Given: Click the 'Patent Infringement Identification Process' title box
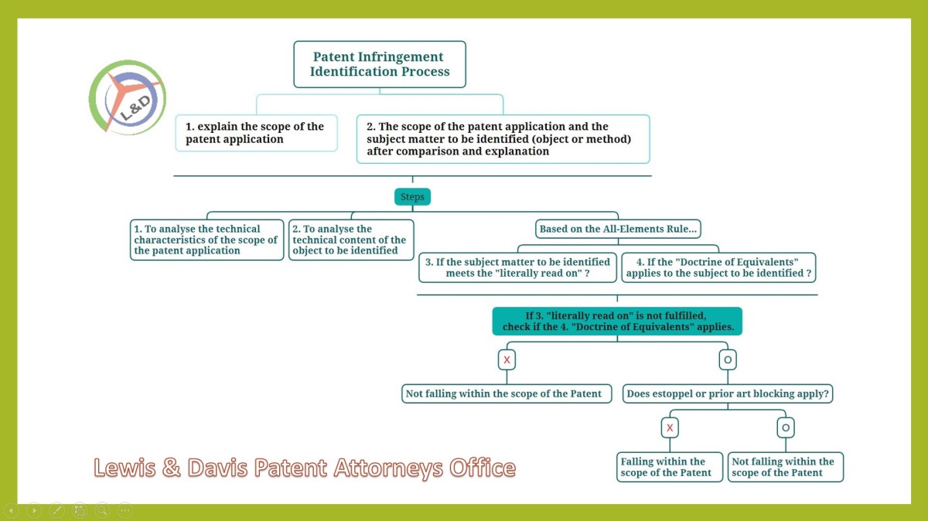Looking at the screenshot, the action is pos(380,64).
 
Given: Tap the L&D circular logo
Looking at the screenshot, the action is pos(127,97).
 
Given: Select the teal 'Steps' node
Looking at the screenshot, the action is pos(412,196).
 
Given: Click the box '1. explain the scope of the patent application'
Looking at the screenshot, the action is pos(257,133).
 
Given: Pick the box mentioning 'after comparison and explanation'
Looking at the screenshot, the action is pos(503,139).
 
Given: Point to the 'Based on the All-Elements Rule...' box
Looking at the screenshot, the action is pos(618,229).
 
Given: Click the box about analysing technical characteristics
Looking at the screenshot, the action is pos(206,240).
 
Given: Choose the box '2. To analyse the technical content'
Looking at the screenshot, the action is pos(351,240).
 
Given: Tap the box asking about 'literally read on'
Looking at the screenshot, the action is pos(517,267).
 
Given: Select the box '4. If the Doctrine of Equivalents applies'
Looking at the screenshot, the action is pos(718,267).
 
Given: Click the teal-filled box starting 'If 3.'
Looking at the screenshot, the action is pos(617,322).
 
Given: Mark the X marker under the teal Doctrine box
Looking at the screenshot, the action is pos(507,359).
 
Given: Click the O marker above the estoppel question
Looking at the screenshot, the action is pos(728,359).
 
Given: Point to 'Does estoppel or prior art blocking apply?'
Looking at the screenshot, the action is pos(728,394).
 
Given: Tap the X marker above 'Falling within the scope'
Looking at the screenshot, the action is pos(670,427).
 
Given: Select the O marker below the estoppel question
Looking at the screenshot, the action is pos(786,427).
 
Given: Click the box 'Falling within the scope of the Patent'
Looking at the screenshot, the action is pos(670,467).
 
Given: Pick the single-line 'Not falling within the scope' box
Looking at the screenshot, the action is pos(507,394).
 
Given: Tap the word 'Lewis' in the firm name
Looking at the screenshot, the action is pos(125,468).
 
